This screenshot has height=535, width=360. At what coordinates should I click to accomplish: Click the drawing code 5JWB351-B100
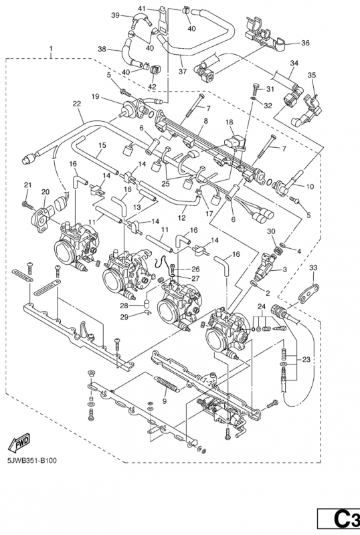32,460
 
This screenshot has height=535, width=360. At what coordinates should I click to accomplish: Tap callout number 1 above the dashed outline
51,49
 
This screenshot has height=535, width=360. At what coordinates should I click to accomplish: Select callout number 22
77,104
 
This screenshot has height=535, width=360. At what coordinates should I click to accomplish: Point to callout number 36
305,43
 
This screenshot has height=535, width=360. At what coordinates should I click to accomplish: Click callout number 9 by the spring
165,401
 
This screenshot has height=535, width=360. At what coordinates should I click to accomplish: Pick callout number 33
313,268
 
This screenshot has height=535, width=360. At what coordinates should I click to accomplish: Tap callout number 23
306,359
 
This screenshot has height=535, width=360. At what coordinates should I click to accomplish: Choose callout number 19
95,96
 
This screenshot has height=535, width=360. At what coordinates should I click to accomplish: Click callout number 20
46,192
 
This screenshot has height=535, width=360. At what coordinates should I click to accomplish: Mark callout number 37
183,72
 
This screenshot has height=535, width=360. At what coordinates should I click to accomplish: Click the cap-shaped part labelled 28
146,304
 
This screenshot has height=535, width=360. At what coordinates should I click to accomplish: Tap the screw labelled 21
27,205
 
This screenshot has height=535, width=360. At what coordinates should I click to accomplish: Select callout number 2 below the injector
268,293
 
